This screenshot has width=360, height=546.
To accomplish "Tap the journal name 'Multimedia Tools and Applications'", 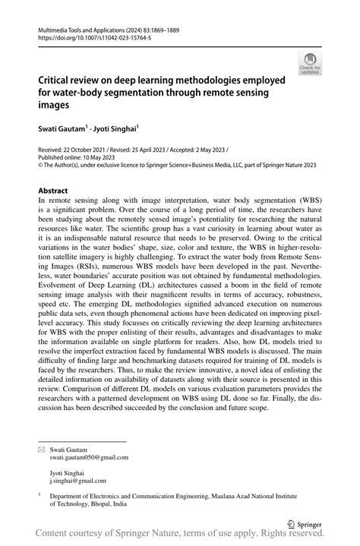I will coord(79,27).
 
